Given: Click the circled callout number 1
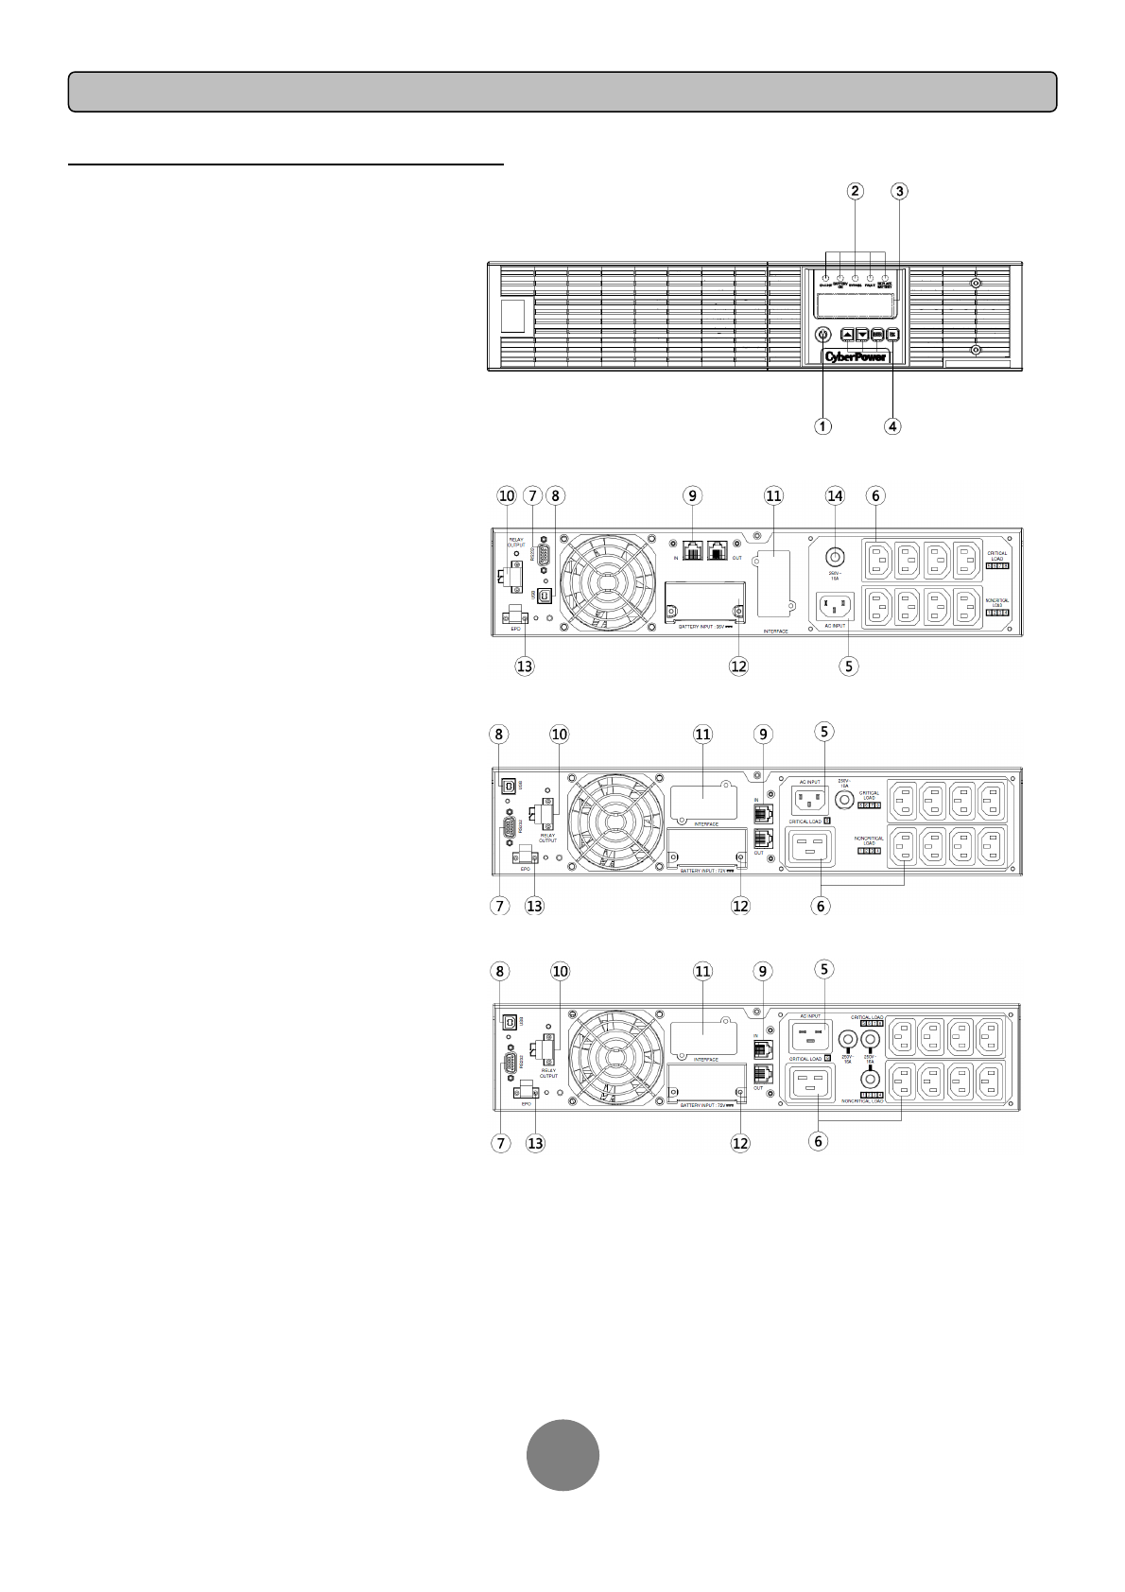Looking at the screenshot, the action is pos(824,425).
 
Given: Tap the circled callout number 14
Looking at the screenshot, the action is pos(835,495).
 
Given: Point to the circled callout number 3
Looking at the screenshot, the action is pos(899,191).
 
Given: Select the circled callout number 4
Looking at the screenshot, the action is pos(892,425).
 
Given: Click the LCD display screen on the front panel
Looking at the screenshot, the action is pos(855,305).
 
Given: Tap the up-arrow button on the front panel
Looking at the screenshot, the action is pos(847,334).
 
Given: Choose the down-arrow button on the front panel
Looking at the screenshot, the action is pos(862,334).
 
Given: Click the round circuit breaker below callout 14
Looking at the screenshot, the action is pos(835,557).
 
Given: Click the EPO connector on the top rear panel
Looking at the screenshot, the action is pos(516,614).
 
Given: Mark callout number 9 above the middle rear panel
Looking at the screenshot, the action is pos(763,733).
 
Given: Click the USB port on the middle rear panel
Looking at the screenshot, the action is pos(511,785).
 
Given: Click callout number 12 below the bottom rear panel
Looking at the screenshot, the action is pos(740,1142).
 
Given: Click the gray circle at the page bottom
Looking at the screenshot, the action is pos(562,1455).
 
